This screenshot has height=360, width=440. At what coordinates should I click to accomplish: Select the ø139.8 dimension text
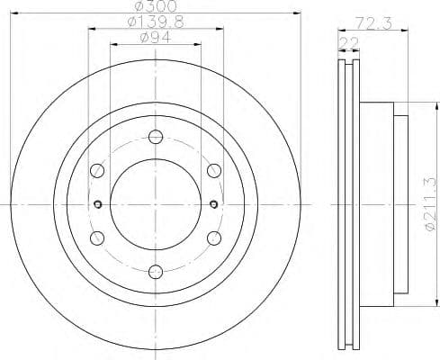pos(154,22)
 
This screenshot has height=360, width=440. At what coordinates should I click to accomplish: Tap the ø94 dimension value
pos(154,37)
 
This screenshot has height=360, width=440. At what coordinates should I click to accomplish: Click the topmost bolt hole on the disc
pos(155,137)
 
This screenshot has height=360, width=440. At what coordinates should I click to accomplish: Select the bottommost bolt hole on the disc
pos(155,269)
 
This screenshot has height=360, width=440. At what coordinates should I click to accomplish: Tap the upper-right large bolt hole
pos(213,170)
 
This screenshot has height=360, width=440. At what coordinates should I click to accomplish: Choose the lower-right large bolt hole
pos(213,237)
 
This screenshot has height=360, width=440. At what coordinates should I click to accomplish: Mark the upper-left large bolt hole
pos(96,170)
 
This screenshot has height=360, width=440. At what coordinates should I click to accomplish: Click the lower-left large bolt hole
pos(96,237)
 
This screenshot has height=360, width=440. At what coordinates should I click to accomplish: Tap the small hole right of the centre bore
pos(214,203)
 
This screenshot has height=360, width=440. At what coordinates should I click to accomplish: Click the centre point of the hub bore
pos(155,203)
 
